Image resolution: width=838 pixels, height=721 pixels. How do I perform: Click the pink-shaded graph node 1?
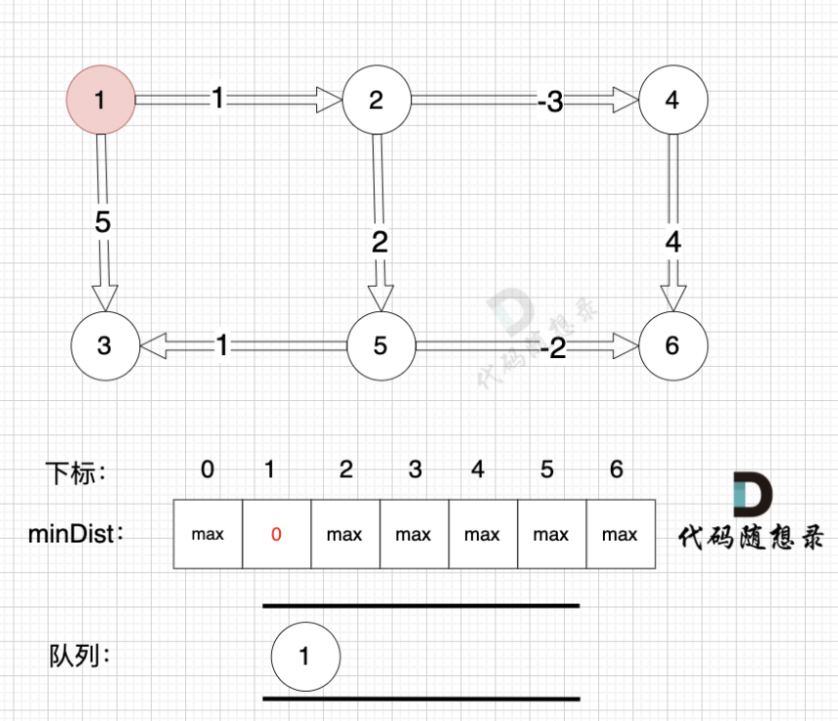coord(100,100)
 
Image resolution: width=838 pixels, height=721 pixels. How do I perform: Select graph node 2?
coord(377,100)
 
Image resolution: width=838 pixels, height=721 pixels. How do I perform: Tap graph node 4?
coord(673,100)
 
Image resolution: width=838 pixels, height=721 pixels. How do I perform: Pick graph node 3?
coord(105,346)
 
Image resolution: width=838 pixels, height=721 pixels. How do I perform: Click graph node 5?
coord(381,346)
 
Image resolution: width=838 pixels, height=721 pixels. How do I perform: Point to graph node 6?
coord(673,346)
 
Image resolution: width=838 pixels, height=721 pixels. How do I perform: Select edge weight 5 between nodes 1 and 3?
coord(103,222)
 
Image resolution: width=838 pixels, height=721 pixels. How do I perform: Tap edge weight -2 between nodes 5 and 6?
coord(555,347)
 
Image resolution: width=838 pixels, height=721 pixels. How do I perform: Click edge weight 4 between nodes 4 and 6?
coord(673,241)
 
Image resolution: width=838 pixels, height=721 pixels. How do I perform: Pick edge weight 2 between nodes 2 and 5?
coord(379,241)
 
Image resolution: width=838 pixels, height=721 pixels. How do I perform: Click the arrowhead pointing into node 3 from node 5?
coord(153,345)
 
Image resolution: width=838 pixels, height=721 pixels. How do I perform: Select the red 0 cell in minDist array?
coord(276,534)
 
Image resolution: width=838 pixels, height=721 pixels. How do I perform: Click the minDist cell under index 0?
coord(208,534)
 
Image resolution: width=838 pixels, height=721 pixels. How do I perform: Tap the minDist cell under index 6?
coord(620,534)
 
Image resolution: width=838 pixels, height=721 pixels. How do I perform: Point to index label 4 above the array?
coord(478,470)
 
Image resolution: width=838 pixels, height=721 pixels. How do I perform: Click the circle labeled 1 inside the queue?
coord(304,656)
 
